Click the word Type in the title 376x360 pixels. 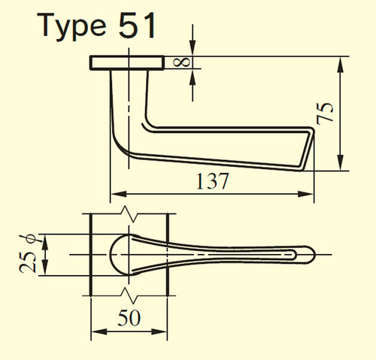pos(71,26)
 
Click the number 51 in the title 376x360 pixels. pos(137,26)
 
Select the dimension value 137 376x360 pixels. pos(212,181)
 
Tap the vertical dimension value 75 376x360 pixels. pos(325,113)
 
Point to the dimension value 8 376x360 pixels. pos(182,62)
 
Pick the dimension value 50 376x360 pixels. pos(129,318)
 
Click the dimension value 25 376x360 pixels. pos(28,262)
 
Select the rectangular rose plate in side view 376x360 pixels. pos(127,62)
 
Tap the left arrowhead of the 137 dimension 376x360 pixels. pos(118,194)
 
